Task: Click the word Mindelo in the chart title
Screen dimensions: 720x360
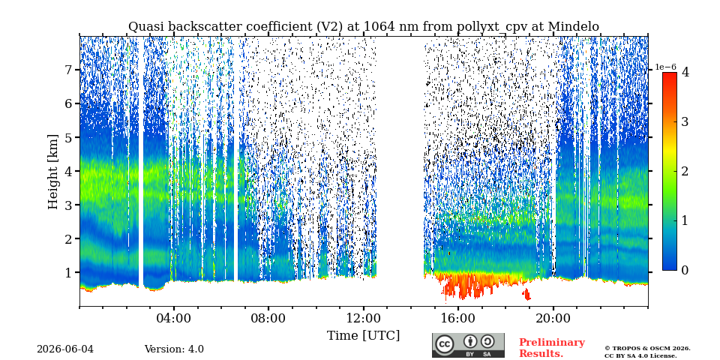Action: point(573,27)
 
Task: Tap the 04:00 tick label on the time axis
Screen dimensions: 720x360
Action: point(174,318)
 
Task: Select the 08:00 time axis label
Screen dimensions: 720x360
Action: point(268,318)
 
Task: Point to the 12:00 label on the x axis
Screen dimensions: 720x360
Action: point(363,318)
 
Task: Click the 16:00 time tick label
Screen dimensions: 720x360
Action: point(458,318)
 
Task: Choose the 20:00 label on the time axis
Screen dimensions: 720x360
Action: point(553,318)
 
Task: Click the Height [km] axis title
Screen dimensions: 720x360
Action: point(54,172)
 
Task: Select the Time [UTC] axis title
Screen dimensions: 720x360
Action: point(363,335)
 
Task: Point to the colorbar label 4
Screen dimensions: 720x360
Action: point(685,72)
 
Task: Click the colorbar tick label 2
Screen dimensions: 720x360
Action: point(685,171)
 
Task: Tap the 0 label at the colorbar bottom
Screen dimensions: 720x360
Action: point(685,271)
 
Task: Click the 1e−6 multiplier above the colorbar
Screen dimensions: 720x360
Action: point(665,67)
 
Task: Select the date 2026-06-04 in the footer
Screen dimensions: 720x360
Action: point(65,349)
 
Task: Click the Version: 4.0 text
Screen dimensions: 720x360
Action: point(174,349)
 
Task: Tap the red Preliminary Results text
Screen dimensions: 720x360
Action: point(552,348)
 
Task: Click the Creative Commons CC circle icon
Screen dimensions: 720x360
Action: point(445,345)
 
